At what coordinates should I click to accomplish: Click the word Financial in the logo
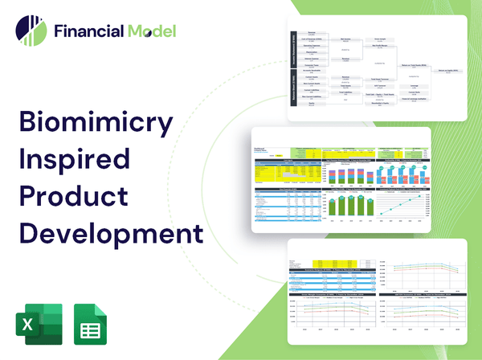(x=88, y=31)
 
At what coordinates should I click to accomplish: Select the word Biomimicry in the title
(x=96, y=124)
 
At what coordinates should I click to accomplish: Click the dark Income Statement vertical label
(x=292, y=48)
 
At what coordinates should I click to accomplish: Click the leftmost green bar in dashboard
(x=332, y=207)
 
